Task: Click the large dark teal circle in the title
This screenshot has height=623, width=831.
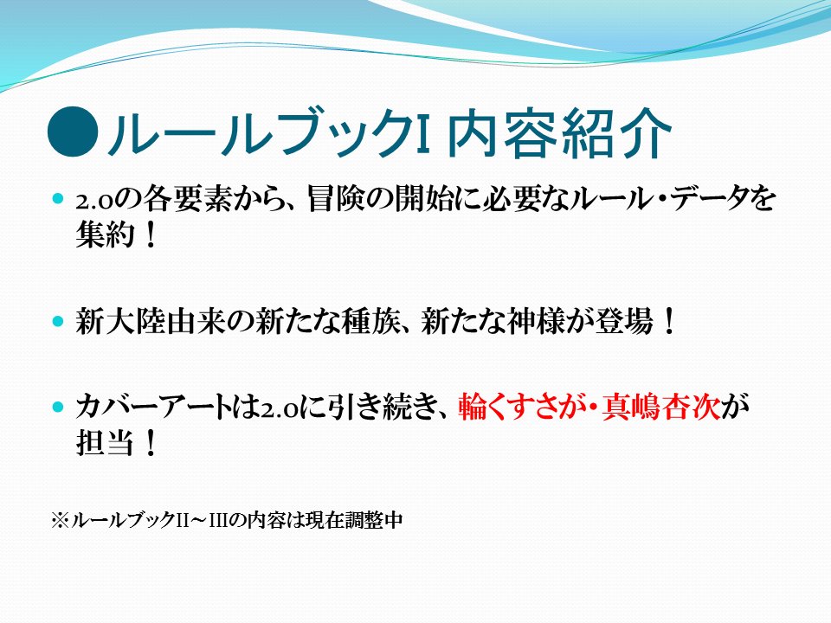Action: (x=73, y=132)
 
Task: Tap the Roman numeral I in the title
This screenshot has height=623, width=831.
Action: (x=422, y=132)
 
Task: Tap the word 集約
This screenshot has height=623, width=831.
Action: (x=105, y=234)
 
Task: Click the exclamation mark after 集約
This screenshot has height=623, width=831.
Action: (x=150, y=234)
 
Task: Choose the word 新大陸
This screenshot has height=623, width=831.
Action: (x=120, y=321)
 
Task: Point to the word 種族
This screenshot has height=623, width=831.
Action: (x=370, y=321)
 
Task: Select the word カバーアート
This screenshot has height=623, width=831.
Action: (x=154, y=408)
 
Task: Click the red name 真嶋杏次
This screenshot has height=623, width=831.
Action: (x=660, y=408)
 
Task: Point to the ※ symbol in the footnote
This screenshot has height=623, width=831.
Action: (x=61, y=519)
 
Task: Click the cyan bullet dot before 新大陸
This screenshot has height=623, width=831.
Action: (x=58, y=322)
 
